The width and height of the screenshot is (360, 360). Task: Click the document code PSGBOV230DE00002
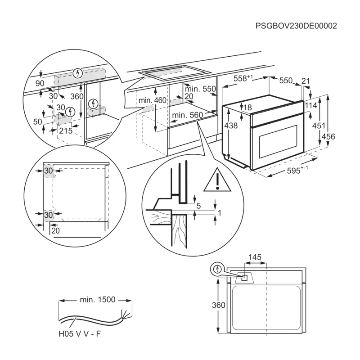click(296, 26)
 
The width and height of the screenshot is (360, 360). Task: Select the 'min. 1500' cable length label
click(98, 300)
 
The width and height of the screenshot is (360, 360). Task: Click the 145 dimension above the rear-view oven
click(255, 257)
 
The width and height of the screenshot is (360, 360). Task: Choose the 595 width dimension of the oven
click(297, 171)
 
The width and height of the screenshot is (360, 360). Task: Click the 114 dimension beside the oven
click(310, 105)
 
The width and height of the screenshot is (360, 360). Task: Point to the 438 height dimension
click(231, 126)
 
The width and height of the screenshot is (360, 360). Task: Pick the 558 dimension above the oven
click(243, 78)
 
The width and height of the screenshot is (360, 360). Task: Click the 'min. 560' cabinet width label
click(187, 115)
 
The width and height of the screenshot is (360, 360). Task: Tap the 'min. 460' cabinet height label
click(153, 100)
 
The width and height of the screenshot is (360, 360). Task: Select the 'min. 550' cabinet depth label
click(200, 89)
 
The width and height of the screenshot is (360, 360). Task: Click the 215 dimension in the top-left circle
click(66, 130)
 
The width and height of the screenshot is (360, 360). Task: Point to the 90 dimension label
click(40, 83)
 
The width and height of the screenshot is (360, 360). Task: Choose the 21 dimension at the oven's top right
click(306, 81)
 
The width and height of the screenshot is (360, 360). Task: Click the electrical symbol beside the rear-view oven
click(218, 269)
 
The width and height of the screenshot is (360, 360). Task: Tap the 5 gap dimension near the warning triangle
click(198, 206)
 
